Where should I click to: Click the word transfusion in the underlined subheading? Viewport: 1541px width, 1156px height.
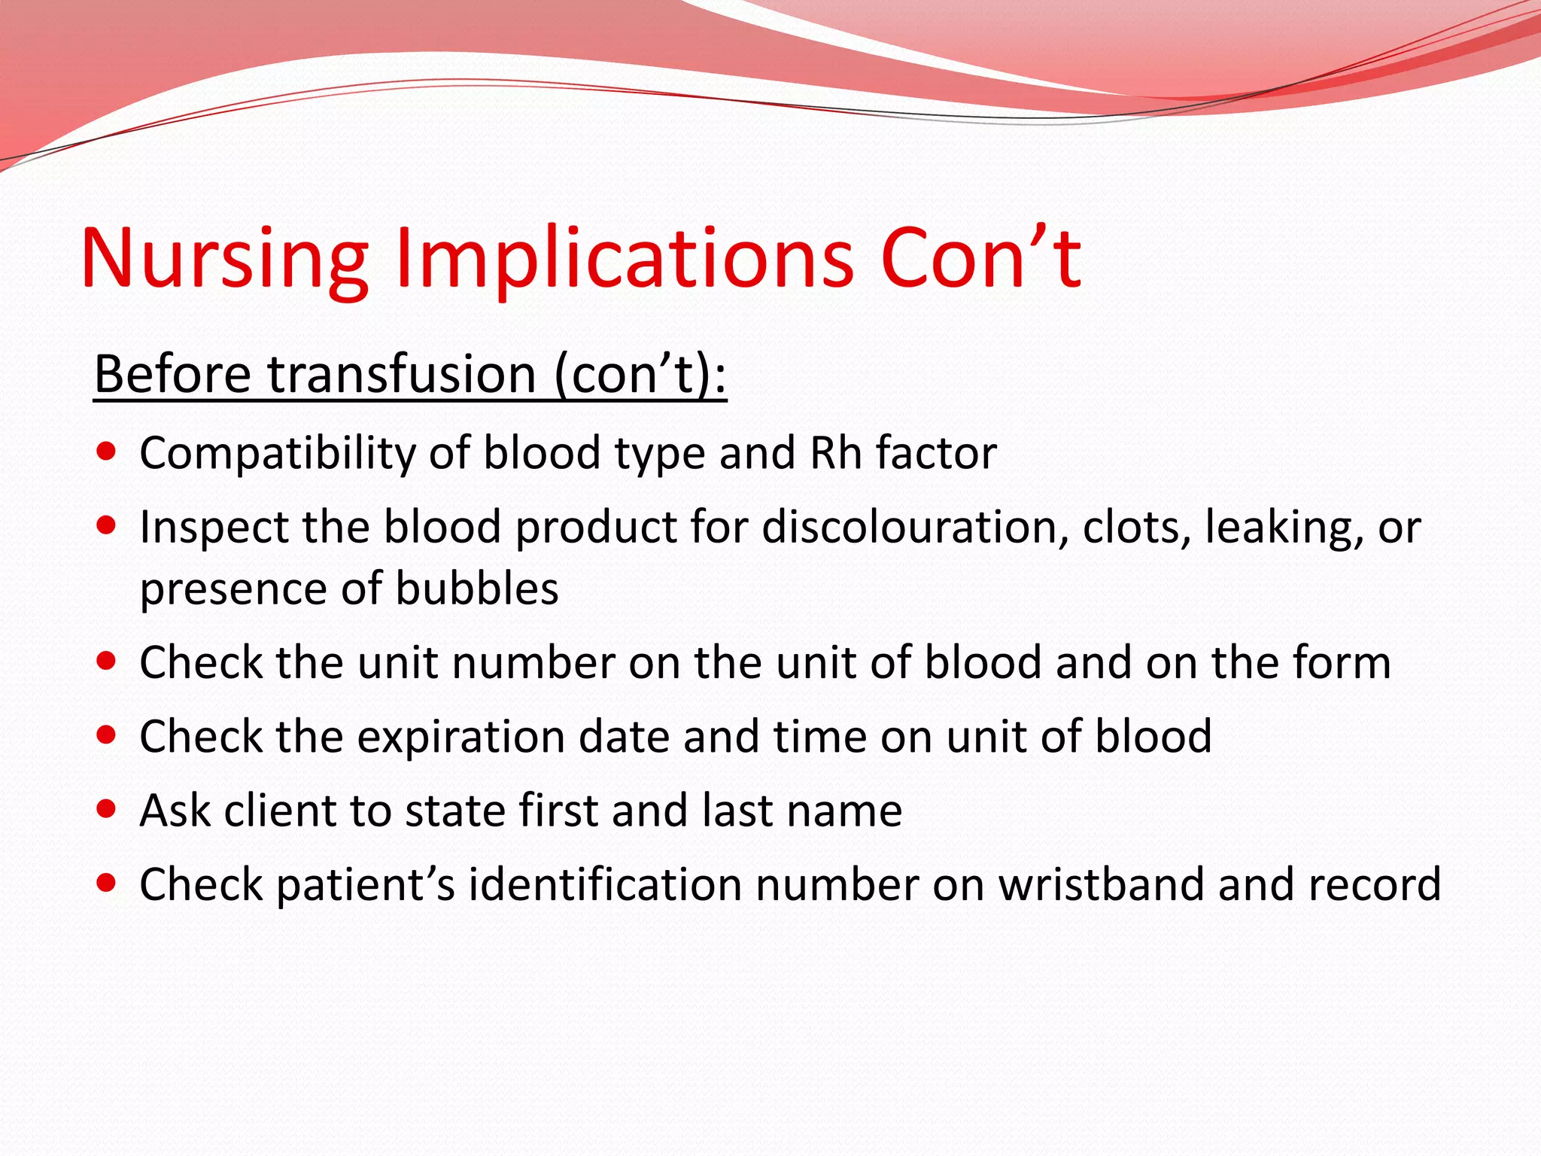(402, 374)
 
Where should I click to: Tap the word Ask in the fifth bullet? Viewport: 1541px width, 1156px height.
(175, 811)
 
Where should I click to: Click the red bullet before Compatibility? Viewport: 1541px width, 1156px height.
(107, 452)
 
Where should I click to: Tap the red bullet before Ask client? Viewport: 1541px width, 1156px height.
(107, 809)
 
